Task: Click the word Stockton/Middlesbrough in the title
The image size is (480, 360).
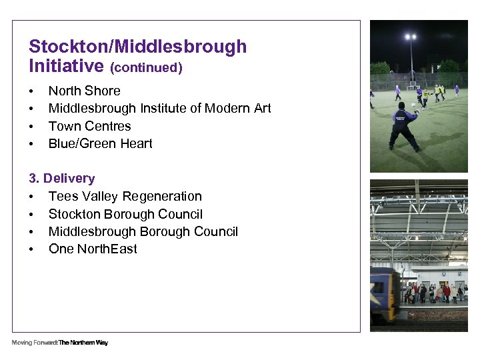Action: [x=137, y=47]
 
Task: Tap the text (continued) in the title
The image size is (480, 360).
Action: [x=146, y=67]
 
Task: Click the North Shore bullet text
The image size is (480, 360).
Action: [x=84, y=91]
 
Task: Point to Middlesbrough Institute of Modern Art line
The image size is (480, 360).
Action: [x=159, y=109]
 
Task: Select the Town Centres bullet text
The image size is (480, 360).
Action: [x=89, y=126]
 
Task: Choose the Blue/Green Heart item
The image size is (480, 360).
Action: [x=100, y=143]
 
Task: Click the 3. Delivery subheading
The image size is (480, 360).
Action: [x=61, y=179]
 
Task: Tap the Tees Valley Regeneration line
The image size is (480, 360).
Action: [x=125, y=196]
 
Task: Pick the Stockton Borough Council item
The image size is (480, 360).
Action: [x=125, y=214]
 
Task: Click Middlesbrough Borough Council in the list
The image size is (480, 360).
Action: [x=143, y=231]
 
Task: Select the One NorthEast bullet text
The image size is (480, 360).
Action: [x=93, y=249]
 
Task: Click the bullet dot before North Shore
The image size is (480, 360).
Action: [x=31, y=91]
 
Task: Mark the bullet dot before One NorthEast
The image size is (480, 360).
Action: [x=31, y=249]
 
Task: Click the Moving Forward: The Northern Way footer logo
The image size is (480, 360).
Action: [x=59, y=343]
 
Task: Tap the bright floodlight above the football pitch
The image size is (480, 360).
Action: [x=411, y=37]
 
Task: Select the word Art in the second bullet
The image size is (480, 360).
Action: [x=261, y=109]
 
